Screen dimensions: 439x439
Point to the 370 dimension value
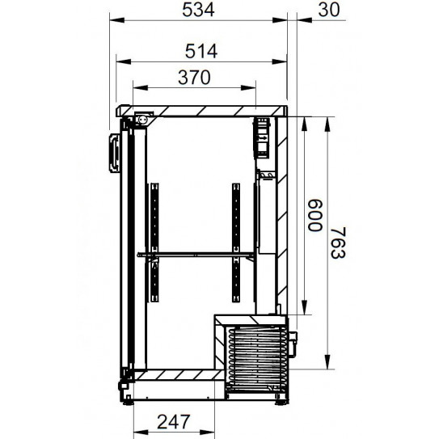[194, 78]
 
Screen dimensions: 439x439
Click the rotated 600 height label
[313, 216]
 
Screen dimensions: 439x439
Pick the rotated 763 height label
[340, 240]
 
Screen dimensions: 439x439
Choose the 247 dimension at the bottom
[174, 421]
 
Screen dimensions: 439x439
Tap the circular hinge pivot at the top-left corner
[142, 119]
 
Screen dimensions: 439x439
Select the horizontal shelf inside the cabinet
[196, 255]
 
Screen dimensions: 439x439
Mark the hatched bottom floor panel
[174, 376]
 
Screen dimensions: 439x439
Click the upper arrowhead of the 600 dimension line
[305, 120]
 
